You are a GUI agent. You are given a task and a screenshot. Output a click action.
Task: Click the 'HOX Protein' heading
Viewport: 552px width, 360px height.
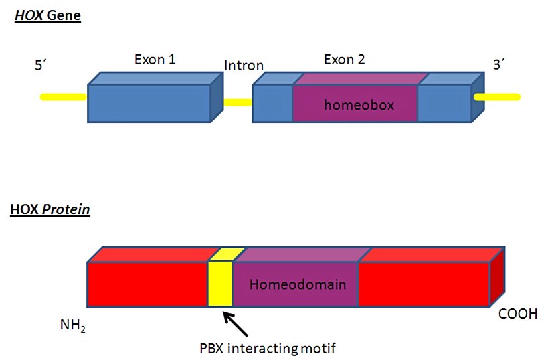pyautogui.click(x=50, y=210)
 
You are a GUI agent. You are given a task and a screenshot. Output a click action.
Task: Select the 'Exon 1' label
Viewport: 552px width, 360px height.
pyautogui.click(x=155, y=60)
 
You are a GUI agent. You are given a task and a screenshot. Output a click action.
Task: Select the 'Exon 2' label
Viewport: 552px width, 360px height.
pyautogui.click(x=344, y=60)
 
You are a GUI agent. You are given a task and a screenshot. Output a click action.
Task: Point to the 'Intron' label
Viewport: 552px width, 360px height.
pyautogui.click(x=244, y=66)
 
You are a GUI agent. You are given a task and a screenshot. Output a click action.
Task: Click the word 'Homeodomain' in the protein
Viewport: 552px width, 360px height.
pyautogui.click(x=297, y=284)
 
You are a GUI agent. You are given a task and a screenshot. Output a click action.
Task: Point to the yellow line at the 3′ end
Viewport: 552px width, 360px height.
pyautogui.click(x=498, y=97)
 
